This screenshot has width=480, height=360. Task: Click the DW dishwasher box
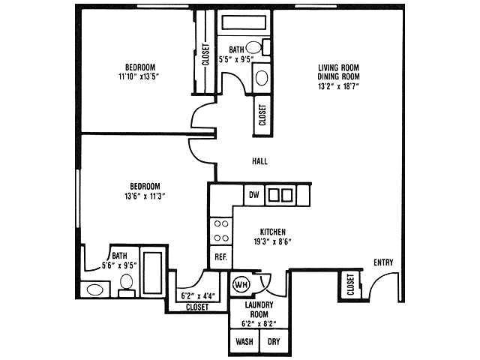[254, 195]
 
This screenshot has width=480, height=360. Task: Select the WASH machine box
[244, 340]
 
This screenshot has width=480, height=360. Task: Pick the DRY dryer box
[274, 340]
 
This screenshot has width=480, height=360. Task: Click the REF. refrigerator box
[220, 256]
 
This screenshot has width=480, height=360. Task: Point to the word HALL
[260, 161]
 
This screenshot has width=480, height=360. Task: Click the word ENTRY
[383, 262]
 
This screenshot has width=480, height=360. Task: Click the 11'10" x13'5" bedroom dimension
[141, 76]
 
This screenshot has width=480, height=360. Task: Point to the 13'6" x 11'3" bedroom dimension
[144, 196]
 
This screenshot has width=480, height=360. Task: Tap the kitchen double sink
[280, 195]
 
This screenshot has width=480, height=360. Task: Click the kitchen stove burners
[221, 230]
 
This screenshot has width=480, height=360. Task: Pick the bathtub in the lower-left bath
[153, 274]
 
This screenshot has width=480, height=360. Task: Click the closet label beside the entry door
[350, 285]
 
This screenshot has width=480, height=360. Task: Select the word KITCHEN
[271, 232]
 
